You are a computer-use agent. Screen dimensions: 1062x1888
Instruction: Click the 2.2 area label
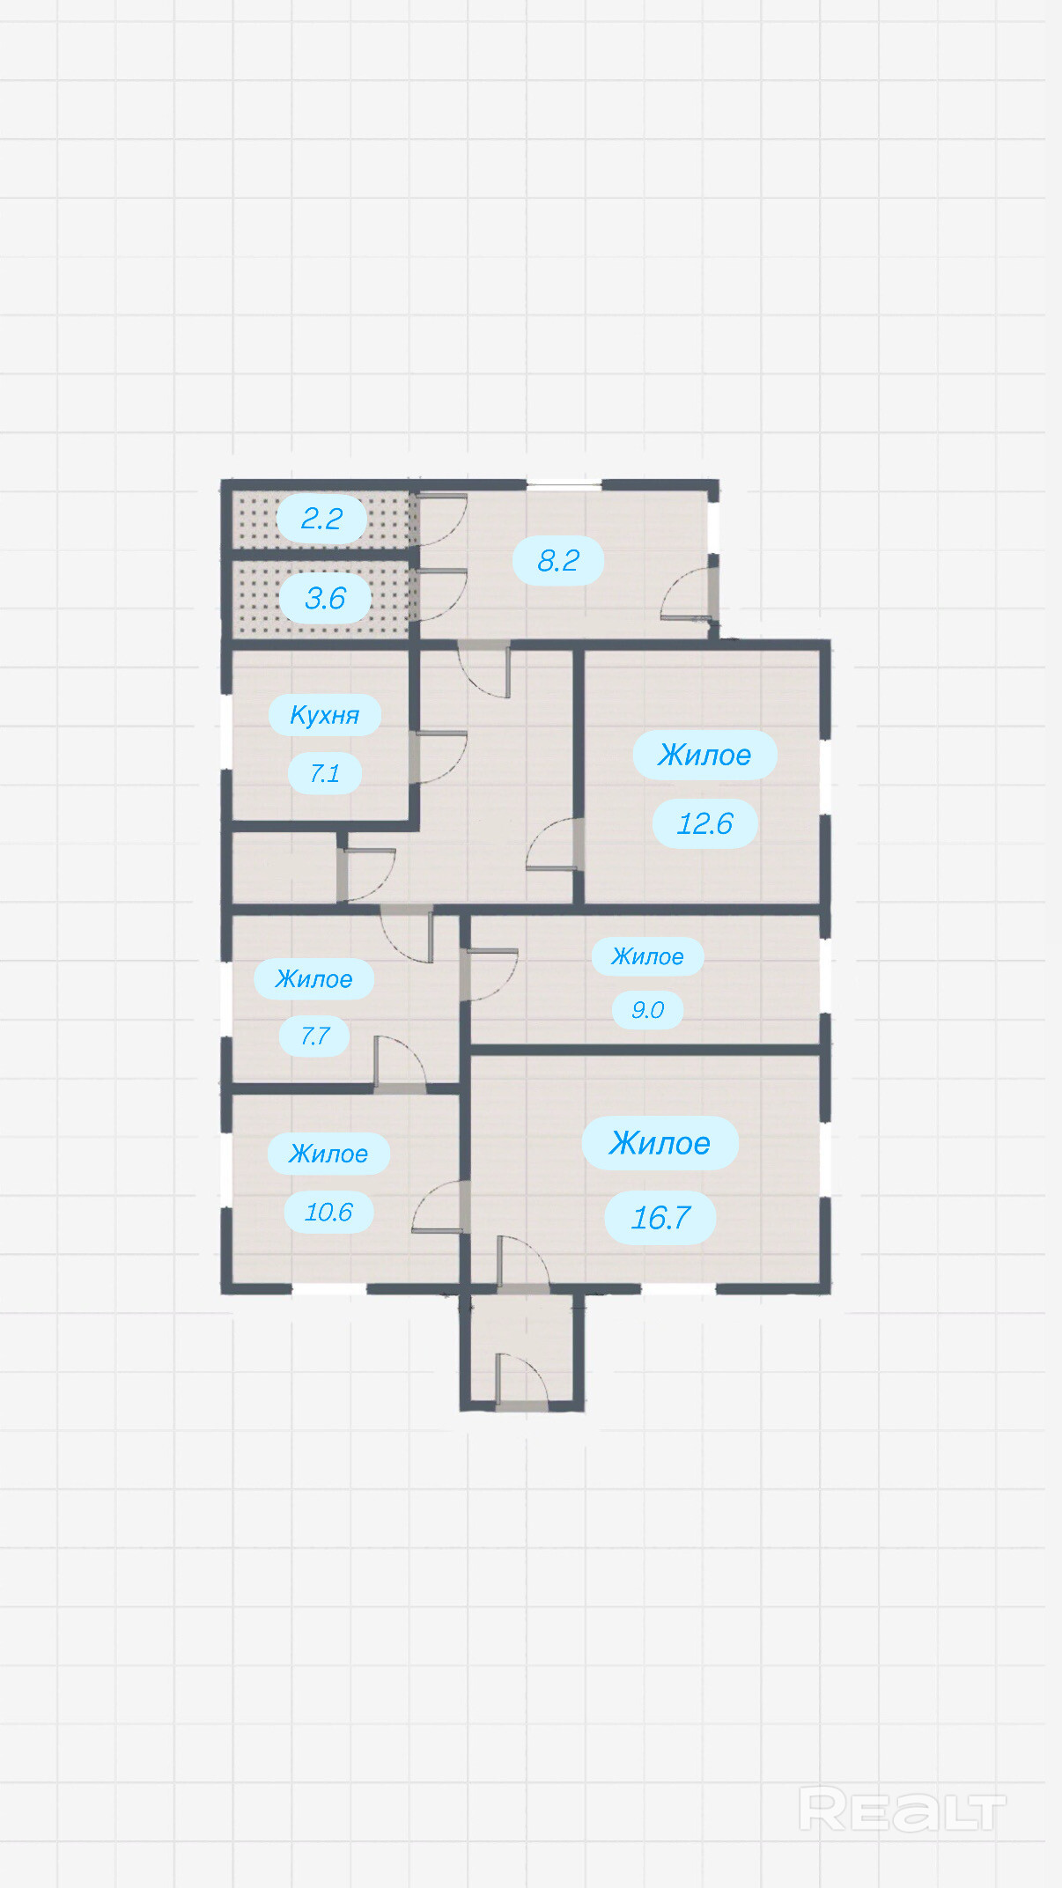tap(321, 519)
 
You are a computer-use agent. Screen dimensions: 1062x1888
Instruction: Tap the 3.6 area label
tap(325, 599)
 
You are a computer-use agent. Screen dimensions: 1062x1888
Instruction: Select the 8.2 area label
tap(558, 560)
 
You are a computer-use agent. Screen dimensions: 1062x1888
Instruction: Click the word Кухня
tap(324, 715)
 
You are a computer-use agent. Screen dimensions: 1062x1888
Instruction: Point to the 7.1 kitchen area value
tap(324, 773)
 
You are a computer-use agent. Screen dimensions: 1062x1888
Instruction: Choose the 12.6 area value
tap(704, 823)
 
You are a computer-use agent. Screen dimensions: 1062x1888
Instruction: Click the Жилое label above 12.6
tap(704, 755)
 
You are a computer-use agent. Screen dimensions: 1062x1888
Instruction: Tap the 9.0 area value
tap(647, 1010)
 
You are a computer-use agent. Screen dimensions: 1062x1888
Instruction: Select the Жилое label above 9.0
tap(647, 956)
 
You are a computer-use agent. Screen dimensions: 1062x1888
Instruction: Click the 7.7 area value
tap(314, 1036)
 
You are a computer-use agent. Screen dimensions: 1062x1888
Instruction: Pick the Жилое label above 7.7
tap(313, 979)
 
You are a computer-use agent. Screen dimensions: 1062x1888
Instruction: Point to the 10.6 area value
tap(328, 1213)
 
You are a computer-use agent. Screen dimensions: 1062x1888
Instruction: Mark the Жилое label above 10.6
tap(328, 1154)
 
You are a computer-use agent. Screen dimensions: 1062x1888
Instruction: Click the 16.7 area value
tap(660, 1218)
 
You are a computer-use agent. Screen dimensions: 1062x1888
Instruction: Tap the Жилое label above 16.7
tap(660, 1143)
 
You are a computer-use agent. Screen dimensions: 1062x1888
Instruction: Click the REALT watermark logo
tap(903, 1810)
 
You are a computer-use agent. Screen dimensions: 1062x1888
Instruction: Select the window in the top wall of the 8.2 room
tap(564, 483)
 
